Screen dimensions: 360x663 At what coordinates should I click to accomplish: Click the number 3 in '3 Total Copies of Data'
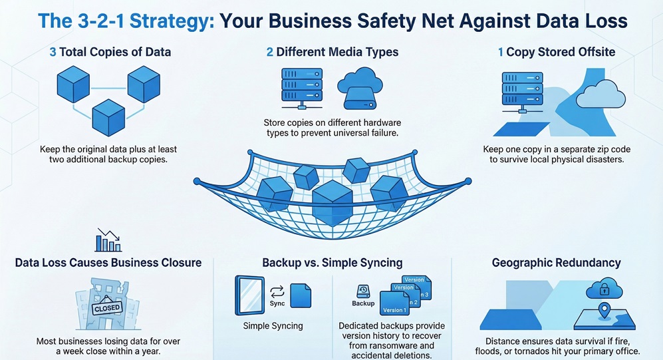53,52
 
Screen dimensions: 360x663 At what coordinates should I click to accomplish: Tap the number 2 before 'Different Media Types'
270,52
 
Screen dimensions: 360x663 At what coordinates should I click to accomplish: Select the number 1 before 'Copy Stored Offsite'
501,52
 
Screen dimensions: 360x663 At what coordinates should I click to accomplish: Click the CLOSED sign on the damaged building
107,308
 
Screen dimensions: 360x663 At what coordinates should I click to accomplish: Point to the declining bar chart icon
107,240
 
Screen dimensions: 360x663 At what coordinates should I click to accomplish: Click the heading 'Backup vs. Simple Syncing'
332,263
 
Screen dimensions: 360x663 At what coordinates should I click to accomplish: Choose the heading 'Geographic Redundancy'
556,263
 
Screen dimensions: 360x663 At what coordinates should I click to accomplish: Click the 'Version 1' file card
394,303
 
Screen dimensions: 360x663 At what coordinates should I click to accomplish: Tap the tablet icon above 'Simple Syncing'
249,295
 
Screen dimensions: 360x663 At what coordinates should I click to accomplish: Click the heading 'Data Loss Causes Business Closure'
108,263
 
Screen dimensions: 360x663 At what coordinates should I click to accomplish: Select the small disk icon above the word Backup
363,290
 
